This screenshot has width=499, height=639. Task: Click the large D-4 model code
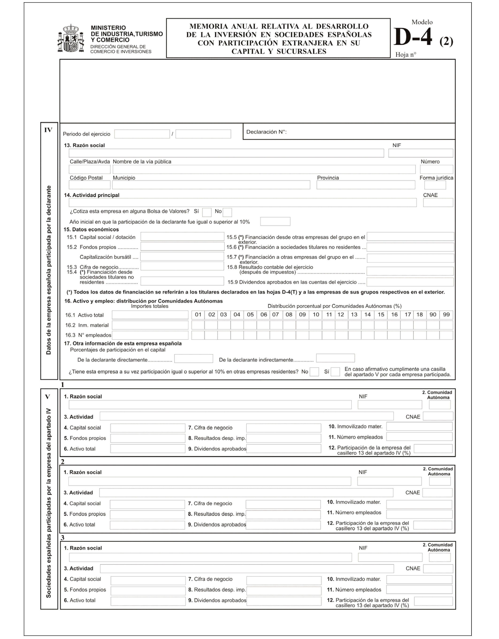(413, 37)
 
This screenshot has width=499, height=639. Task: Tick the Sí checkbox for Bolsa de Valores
(207, 212)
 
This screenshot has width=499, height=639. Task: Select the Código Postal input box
(89, 185)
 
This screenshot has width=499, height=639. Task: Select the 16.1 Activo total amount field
(150, 315)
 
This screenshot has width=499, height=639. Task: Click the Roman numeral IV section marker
(48, 130)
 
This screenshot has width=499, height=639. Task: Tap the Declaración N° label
(266, 132)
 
